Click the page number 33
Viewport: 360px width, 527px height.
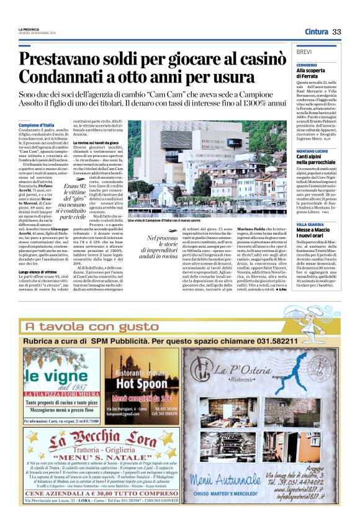click(337, 32)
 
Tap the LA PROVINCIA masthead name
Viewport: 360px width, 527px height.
click(29, 29)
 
